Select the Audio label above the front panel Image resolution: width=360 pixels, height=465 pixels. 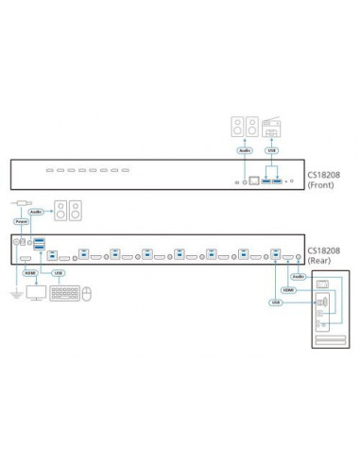click(244, 149)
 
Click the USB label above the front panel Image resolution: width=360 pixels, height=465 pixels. click(272, 149)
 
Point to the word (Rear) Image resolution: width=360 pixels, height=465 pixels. click(320, 261)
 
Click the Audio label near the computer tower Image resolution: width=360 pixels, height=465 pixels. click(298, 276)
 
